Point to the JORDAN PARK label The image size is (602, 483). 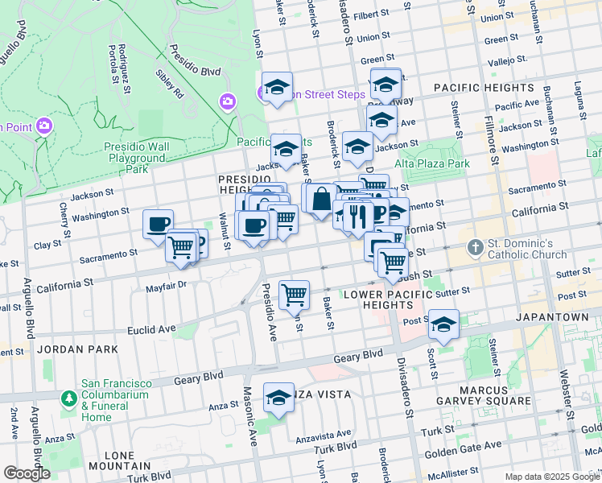pos(65,349)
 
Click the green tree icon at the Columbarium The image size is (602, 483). pos(69,398)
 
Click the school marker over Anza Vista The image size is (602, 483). pos(279,398)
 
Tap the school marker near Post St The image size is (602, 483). pos(443,324)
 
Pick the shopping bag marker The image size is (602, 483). pos(320,197)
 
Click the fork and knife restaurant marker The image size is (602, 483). pos(358,215)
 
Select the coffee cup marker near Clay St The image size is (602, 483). pos(158,223)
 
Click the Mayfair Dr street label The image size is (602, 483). pos(166,284)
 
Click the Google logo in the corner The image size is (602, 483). pos(27,473)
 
